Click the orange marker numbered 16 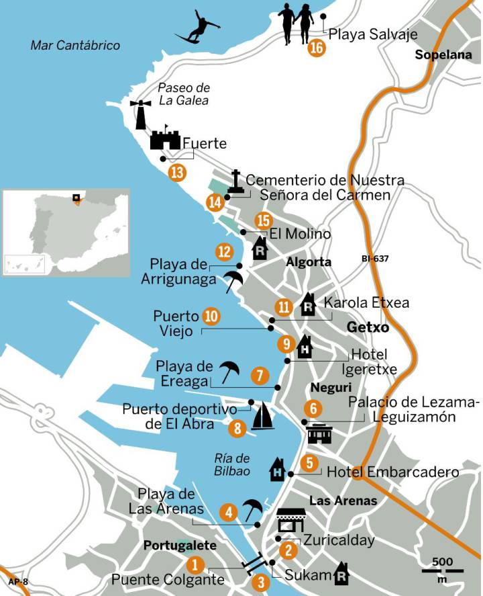tap(317, 48)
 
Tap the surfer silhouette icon tap(199, 28)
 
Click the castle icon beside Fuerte tap(164, 139)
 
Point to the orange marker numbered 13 tap(177, 173)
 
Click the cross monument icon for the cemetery tap(235, 182)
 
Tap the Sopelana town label tap(443, 55)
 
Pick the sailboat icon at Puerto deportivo tap(262, 417)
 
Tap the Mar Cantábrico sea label tap(75, 46)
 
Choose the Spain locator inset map tap(66, 232)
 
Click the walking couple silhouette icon tap(296, 24)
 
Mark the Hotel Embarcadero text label tap(392, 472)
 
